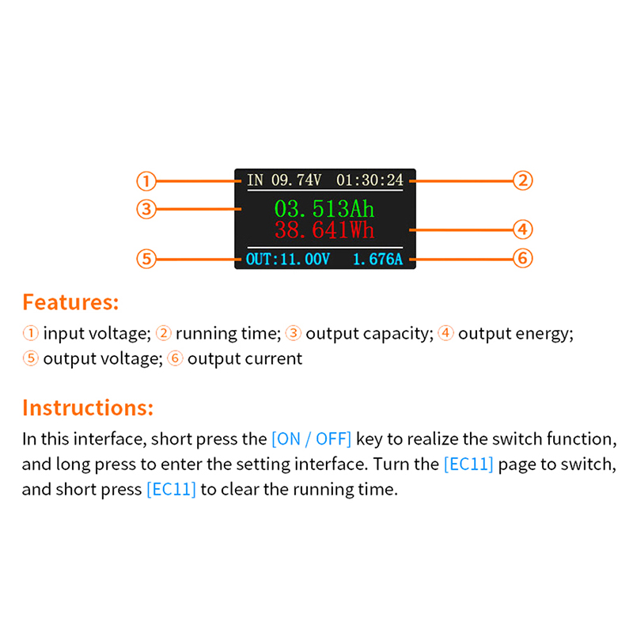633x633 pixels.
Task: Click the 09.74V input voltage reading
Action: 296,180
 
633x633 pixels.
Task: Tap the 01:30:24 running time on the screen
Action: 370,180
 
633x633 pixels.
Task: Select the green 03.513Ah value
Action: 324,209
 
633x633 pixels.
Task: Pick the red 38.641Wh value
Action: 324,230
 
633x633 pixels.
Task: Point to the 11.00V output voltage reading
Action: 305,260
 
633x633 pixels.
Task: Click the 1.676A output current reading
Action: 378,260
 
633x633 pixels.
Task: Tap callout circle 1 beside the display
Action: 146,181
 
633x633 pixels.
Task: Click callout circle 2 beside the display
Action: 523,180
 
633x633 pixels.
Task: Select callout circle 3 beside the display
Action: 146,209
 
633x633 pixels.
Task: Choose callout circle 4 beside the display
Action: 523,229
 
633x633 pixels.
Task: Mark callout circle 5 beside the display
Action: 146,259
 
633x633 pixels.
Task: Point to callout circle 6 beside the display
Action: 523,258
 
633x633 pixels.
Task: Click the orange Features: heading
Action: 70,302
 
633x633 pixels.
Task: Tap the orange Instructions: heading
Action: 88,407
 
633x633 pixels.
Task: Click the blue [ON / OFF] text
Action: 311,439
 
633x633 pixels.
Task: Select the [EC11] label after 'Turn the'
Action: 468,464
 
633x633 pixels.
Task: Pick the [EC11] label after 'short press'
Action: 171,489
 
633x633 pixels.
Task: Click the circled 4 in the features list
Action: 445,333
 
